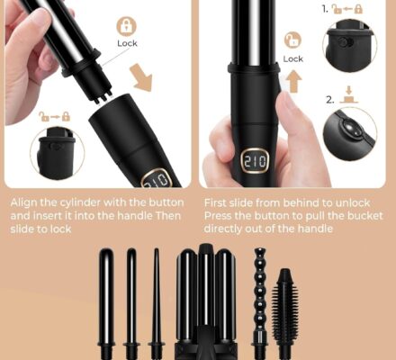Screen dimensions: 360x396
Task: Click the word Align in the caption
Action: click(x=23, y=203)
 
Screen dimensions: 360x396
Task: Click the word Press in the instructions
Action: click(x=221, y=217)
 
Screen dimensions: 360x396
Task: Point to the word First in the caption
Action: click(x=219, y=203)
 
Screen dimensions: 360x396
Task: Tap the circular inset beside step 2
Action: click(x=349, y=135)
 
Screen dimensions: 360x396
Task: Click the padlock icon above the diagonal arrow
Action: click(x=127, y=24)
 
